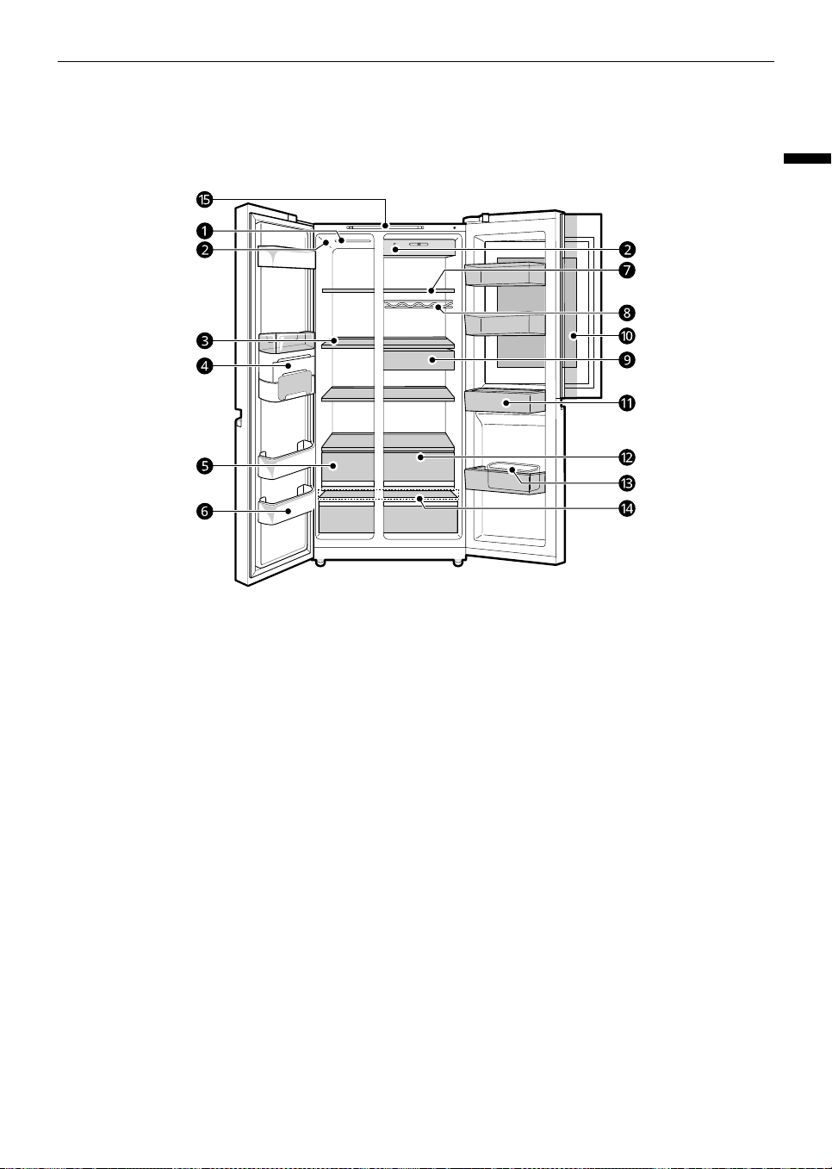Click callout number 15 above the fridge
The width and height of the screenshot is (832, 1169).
[204, 199]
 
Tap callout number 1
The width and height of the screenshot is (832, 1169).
[204, 230]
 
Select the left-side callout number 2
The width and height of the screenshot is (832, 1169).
[204, 250]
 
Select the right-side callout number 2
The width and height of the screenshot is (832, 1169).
[627, 250]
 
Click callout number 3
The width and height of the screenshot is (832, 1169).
[204, 341]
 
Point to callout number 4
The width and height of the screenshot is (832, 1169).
[204, 366]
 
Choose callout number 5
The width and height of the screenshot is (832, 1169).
[204, 465]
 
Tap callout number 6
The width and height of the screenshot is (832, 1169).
[204, 512]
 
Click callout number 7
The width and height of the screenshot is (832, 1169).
[627, 270]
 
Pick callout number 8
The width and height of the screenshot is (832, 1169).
[627, 313]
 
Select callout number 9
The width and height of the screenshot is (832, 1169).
[627, 359]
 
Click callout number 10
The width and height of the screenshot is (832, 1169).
[627, 336]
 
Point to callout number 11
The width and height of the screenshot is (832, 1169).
[627, 403]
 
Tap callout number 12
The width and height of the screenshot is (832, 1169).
[627, 457]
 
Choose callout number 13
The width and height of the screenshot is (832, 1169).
[627, 483]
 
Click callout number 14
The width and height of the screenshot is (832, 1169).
[627, 508]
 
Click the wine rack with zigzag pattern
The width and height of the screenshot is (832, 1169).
[419, 305]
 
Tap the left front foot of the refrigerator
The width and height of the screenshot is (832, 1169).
[320, 563]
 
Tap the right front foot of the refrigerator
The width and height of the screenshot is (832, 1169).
[457, 563]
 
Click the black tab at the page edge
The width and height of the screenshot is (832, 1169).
[808, 159]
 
